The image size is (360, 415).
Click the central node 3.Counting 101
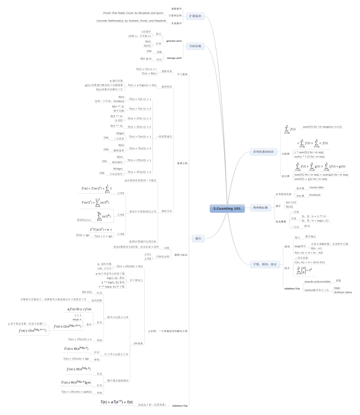pyautogui.click(x=227, y=209)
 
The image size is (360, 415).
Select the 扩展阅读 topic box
pyautogui.click(x=195, y=16)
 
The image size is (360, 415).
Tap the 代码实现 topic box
pyautogui.click(x=195, y=46)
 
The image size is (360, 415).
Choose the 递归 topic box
pyautogui.click(x=198, y=239)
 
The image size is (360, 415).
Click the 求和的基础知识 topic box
pyautogui.click(x=264, y=152)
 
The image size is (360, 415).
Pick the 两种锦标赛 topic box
pyautogui.click(x=261, y=207)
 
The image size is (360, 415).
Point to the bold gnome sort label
pyautogui.click(x=174, y=41)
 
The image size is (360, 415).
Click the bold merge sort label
pyautogui.click(x=174, y=58)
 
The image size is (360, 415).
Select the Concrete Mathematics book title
pyautogui.click(x=131, y=21)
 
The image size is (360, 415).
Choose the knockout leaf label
pyautogui.click(x=315, y=195)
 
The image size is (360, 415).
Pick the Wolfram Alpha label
pyautogui.click(x=343, y=292)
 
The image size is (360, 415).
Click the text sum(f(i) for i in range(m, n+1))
pyautogui.click(x=322, y=127)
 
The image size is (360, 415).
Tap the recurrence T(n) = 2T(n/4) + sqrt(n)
pyautogui.click(x=76, y=392)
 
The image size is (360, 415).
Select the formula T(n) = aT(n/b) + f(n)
pyautogui.click(x=129, y=266)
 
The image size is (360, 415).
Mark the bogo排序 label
pyautogui.click(x=300, y=246)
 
